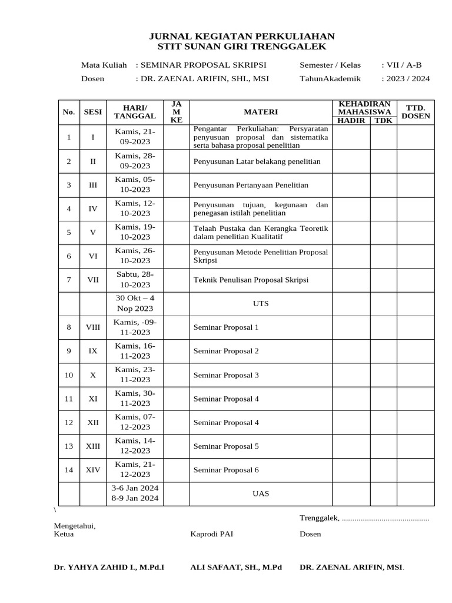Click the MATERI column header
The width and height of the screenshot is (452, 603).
tap(261, 112)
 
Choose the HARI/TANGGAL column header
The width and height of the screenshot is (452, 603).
tap(135, 112)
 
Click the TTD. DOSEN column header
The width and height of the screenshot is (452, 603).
tap(416, 112)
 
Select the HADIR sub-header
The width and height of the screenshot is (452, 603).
tap(351, 121)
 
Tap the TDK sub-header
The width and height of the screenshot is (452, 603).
tap(383, 121)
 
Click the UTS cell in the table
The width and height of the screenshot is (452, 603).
tap(261, 303)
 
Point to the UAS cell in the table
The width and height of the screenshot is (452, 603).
tap(261, 493)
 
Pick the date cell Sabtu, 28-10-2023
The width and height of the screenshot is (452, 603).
tap(135, 280)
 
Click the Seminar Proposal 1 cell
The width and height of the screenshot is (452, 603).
tap(226, 327)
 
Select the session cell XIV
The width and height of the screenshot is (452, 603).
tap(93, 470)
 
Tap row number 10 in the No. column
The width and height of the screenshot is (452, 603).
tap(69, 375)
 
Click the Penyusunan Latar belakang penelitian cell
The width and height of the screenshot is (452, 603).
tap(252, 161)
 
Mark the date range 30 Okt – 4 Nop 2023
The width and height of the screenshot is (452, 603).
tap(135, 303)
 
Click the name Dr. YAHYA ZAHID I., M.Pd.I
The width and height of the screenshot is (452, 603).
tap(109, 568)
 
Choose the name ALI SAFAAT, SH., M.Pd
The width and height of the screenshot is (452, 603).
tap(236, 568)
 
